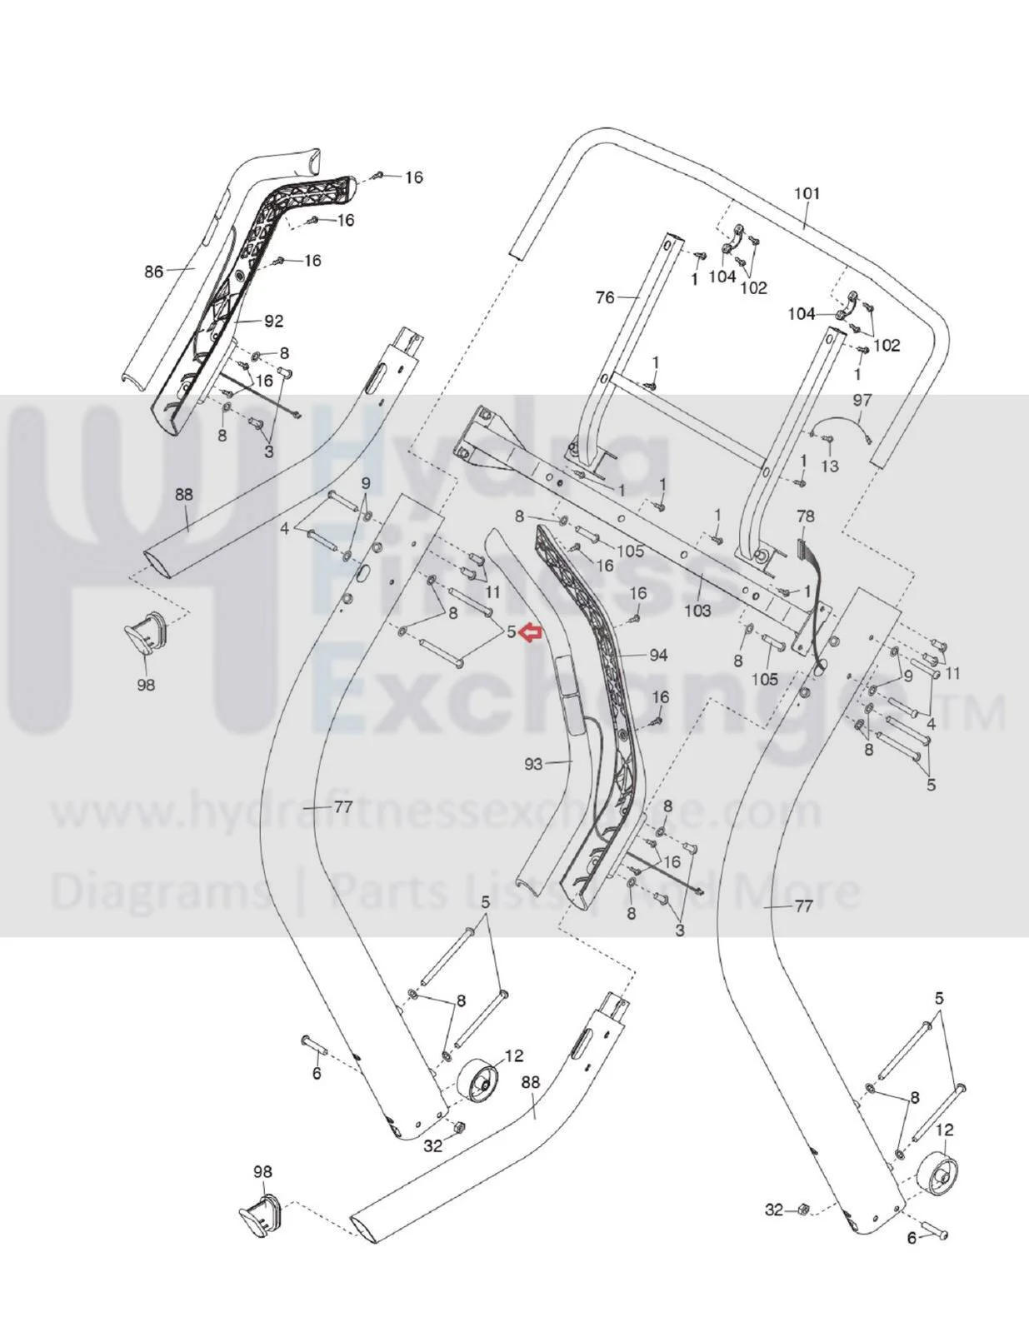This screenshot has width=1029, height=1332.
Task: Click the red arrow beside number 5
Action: [x=531, y=632]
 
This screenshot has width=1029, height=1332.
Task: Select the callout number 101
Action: [x=807, y=194]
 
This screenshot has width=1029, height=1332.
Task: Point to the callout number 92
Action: [x=274, y=321]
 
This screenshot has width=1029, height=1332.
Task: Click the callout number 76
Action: [x=605, y=298]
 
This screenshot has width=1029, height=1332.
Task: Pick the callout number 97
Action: [x=862, y=401]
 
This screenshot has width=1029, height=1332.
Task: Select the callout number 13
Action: [x=829, y=466]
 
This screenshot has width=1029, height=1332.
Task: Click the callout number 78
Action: [x=806, y=516]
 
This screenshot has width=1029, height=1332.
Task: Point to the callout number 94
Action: [x=658, y=656]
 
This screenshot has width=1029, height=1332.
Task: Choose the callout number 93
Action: [x=534, y=764]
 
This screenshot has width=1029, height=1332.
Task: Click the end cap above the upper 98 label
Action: [x=147, y=632]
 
